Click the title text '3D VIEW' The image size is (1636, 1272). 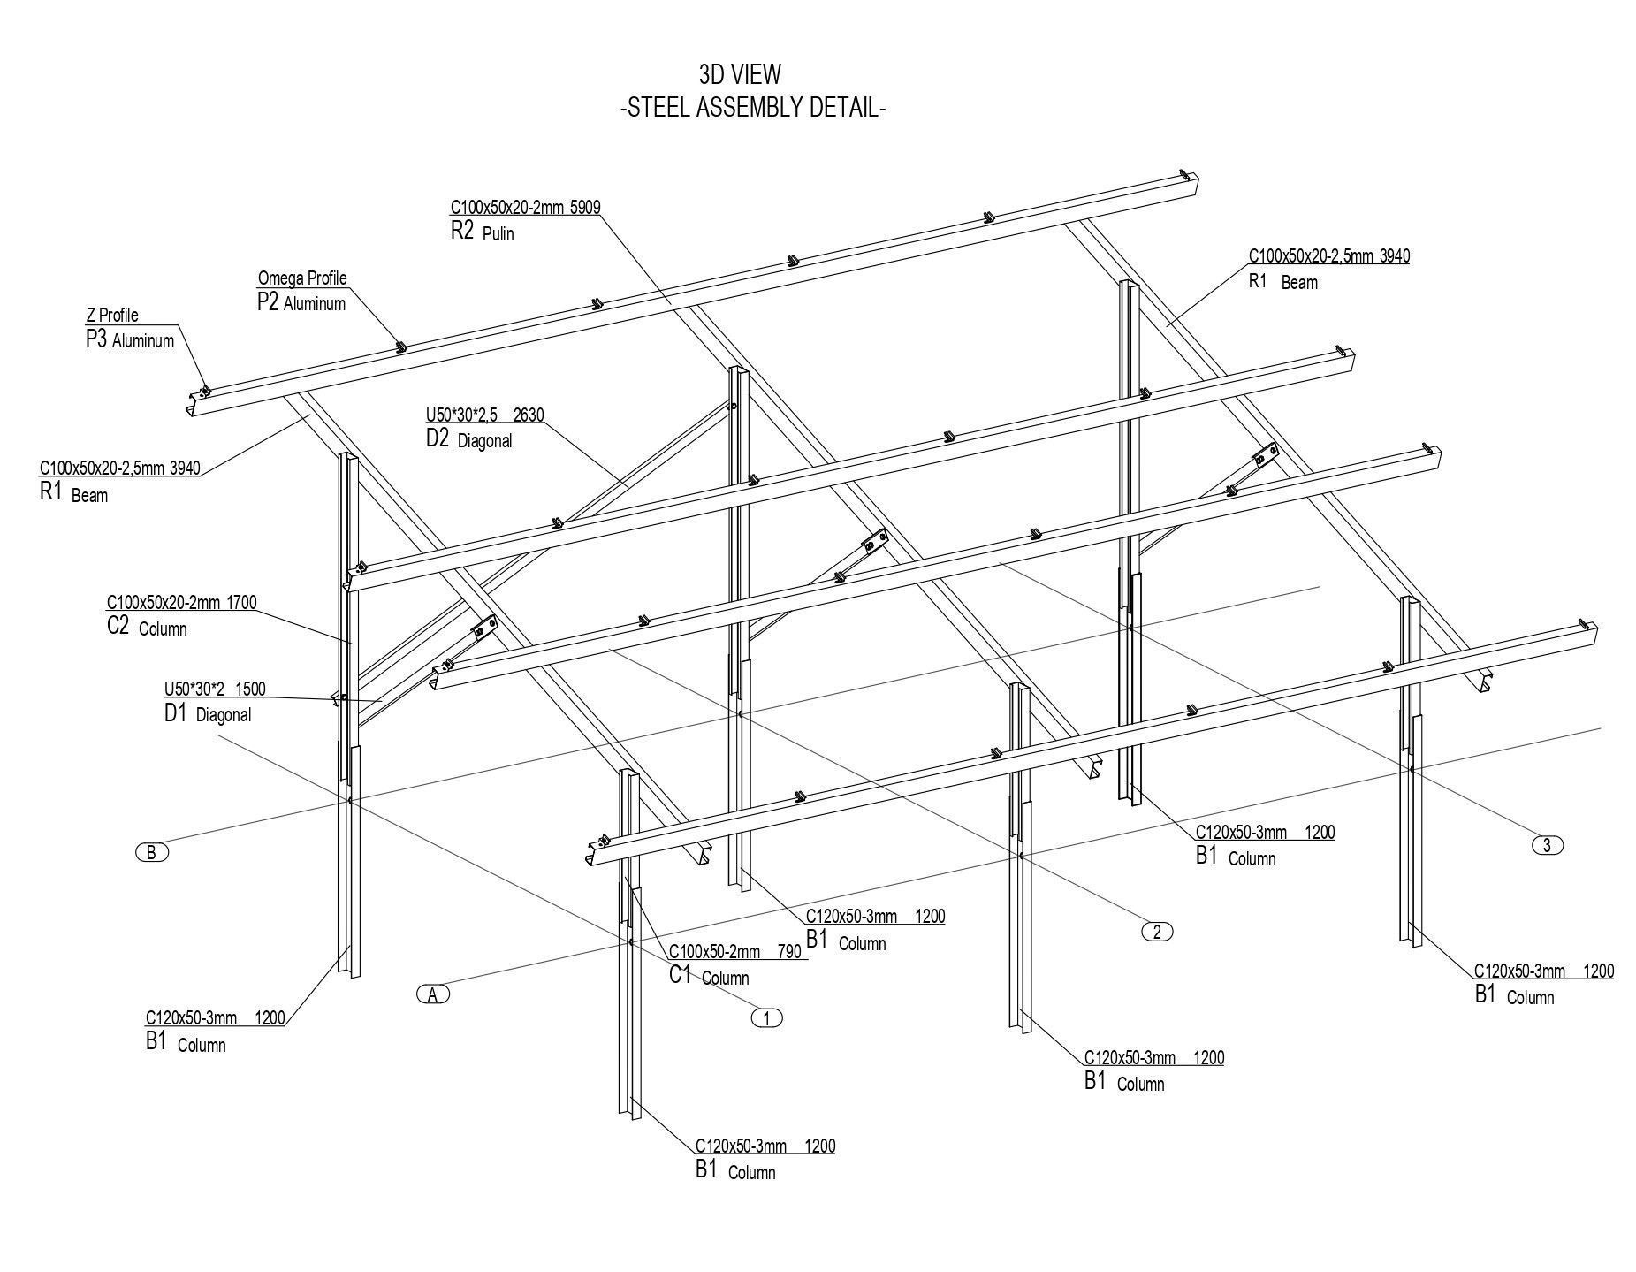(739, 73)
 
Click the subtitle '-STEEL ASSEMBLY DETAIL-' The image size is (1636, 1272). (753, 109)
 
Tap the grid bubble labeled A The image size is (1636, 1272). (433, 994)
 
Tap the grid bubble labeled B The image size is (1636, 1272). (152, 852)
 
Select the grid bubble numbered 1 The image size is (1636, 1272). (766, 1017)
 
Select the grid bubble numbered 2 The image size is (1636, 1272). (1157, 931)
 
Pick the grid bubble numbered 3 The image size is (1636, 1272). (1547, 845)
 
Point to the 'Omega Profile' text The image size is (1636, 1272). (302, 278)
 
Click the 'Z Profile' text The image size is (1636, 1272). (112, 316)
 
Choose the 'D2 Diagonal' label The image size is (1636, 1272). (468, 439)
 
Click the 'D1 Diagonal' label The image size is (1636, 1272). (207, 714)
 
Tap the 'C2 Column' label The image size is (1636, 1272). (147, 628)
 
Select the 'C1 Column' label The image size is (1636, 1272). (708, 977)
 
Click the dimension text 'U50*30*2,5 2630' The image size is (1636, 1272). (484, 415)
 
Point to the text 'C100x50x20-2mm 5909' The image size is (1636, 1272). (525, 208)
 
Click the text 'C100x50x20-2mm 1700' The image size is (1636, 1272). (181, 603)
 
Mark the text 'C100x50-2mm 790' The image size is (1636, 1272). (734, 952)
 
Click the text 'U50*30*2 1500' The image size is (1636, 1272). (215, 689)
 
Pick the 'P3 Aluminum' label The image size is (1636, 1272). (129, 340)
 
